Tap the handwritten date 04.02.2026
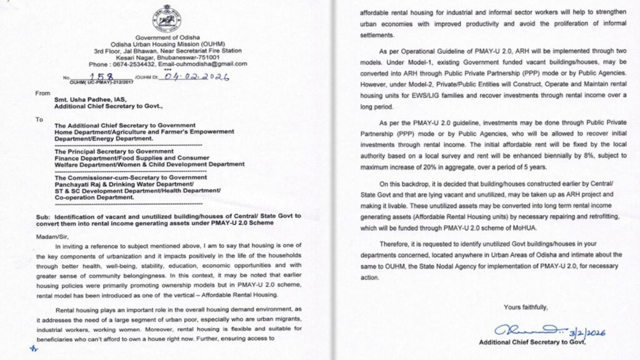click(195, 77)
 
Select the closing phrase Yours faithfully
click(526, 308)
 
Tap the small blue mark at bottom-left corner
click(32, 349)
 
